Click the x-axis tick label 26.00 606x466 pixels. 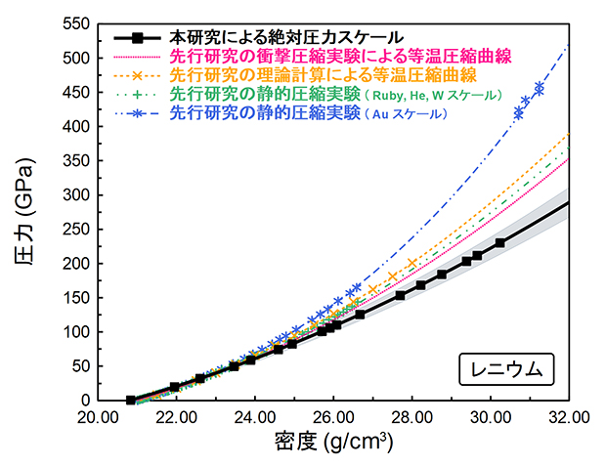coord(333,417)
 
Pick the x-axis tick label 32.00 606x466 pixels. coord(568,417)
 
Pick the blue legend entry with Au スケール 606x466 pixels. coord(308,114)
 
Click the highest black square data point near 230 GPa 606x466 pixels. coord(500,242)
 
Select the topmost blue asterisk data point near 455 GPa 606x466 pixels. coord(540,89)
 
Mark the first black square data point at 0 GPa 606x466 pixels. coord(131,400)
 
